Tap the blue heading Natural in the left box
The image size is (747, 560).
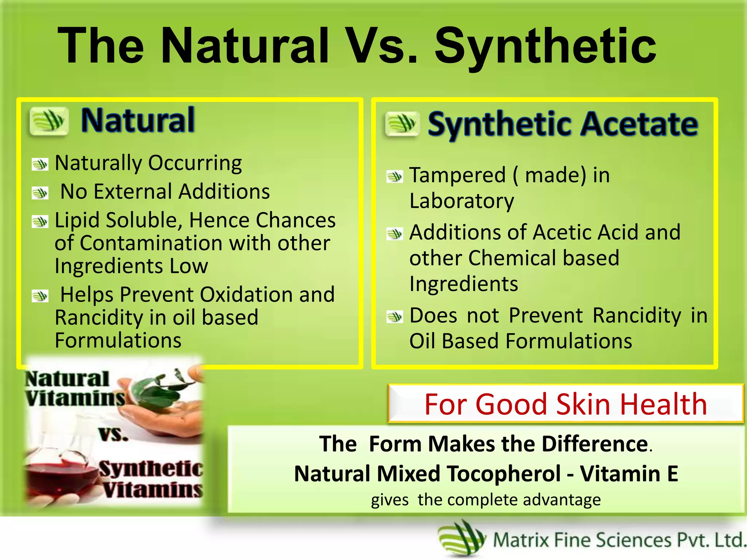(x=138, y=120)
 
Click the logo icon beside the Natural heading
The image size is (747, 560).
(x=49, y=121)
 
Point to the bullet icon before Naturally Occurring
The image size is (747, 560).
(x=40, y=164)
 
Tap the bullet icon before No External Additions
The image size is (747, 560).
(x=40, y=193)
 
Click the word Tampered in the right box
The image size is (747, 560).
(x=457, y=175)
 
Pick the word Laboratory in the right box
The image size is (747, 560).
(x=461, y=201)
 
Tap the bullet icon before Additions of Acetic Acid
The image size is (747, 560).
(x=395, y=234)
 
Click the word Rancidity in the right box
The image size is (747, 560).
(x=636, y=315)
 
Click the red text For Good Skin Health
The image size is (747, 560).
(x=565, y=404)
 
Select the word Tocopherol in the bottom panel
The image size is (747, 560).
(x=504, y=474)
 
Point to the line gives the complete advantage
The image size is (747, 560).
(x=485, y=500)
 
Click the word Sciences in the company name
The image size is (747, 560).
(x=634, y=540)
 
